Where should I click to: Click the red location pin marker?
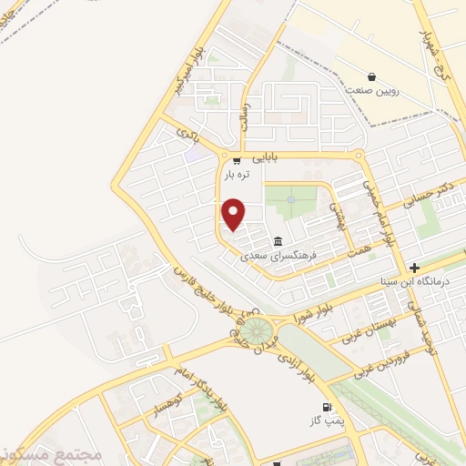pos(234,214)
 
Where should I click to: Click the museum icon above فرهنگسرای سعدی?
pos(277,242)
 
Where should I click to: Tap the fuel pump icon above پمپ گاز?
pos(324,407)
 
